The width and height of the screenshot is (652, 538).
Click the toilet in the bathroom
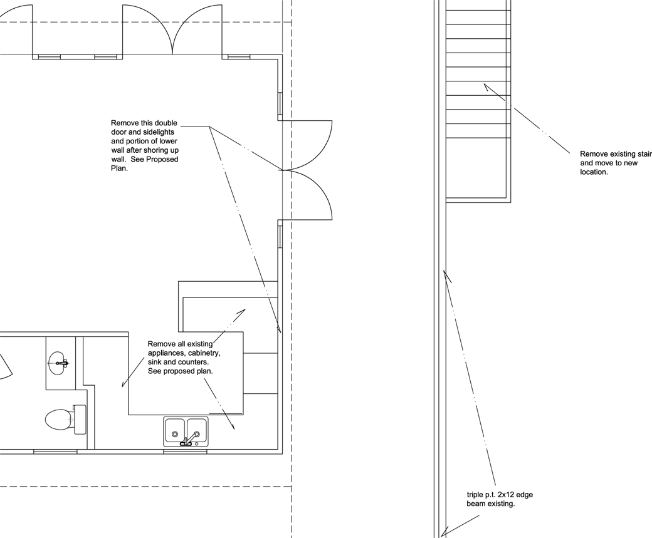(x=65, y=420)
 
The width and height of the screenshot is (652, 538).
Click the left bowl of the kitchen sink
(x=175, y=430)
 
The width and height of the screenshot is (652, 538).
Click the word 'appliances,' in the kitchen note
(x=166, y=353)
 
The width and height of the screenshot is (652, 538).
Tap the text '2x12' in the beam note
(x=506, y=495)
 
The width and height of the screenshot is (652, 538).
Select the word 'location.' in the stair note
(x=594, y=172)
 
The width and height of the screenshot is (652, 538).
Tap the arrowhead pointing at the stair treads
(x=486, y=86)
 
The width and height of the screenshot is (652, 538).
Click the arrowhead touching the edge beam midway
(x=447, y=276)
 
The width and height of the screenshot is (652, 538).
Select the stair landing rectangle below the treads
(x=478, y=170)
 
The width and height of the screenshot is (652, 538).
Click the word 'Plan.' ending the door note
(x=119, y=168)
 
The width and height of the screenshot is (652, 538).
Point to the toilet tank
(x=80, y=420)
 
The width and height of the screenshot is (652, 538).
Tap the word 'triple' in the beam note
(x=475, y=495)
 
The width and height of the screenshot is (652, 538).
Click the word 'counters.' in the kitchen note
(x=194, y=363)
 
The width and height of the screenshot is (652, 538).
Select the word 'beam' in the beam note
(x=475, y=504)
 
